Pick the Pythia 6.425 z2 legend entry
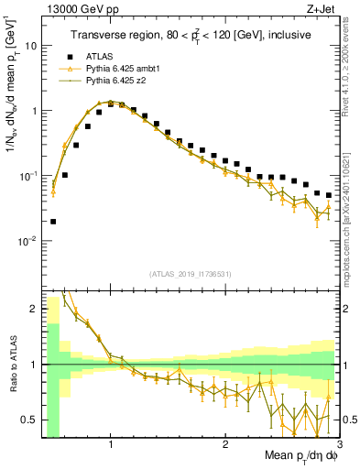[115, 81]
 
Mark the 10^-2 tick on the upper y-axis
[30, 241]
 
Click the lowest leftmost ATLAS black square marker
[53, 221]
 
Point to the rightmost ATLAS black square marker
[329, 195]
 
